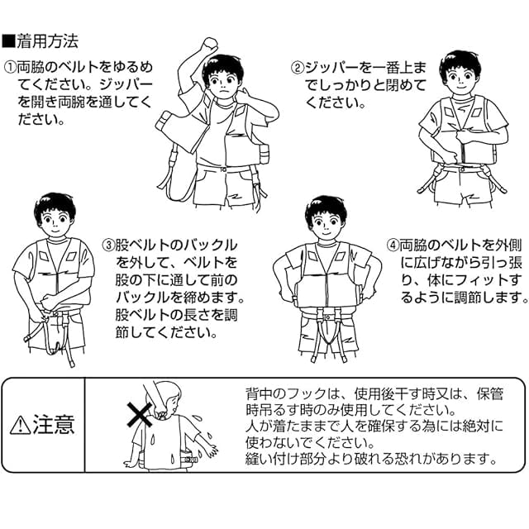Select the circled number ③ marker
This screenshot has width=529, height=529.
click(x=108, y=245)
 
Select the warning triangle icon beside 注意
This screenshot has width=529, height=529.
click(x=20, y=425)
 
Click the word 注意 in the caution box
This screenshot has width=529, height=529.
click(x=54, y=425)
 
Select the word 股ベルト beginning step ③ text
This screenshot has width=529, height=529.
click(x=136, y=245)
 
